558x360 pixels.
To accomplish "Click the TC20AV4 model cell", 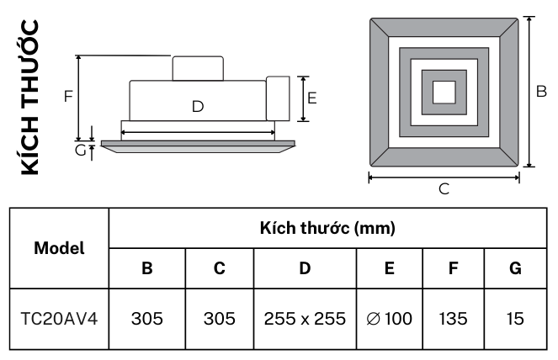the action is click(x=59, y=319).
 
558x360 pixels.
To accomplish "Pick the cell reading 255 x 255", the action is click(x=305, y=319).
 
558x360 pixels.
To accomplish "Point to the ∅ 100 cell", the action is click(x=389, y=319).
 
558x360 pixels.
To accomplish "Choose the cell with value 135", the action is click(x=454, y=319).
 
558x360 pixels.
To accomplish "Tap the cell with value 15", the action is click(x=516, y=319).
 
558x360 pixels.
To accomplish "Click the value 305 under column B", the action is click(x=146, y=319).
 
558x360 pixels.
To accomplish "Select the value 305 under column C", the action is click(x=219, y=319).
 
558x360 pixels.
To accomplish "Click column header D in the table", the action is click(x=305, y=269).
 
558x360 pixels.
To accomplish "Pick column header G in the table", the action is click(x=516, y=269).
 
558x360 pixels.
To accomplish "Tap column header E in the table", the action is click(x=389, y=269).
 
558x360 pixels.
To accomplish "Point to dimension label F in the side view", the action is click(x=67, y=96).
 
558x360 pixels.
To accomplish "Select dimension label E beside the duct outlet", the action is click(x=311, y=98).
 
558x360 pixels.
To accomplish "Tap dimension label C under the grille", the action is click(x=444, y=189).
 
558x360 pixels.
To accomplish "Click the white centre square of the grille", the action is click(x=444, y=90).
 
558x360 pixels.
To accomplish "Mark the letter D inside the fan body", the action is click(x=197, y=106).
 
